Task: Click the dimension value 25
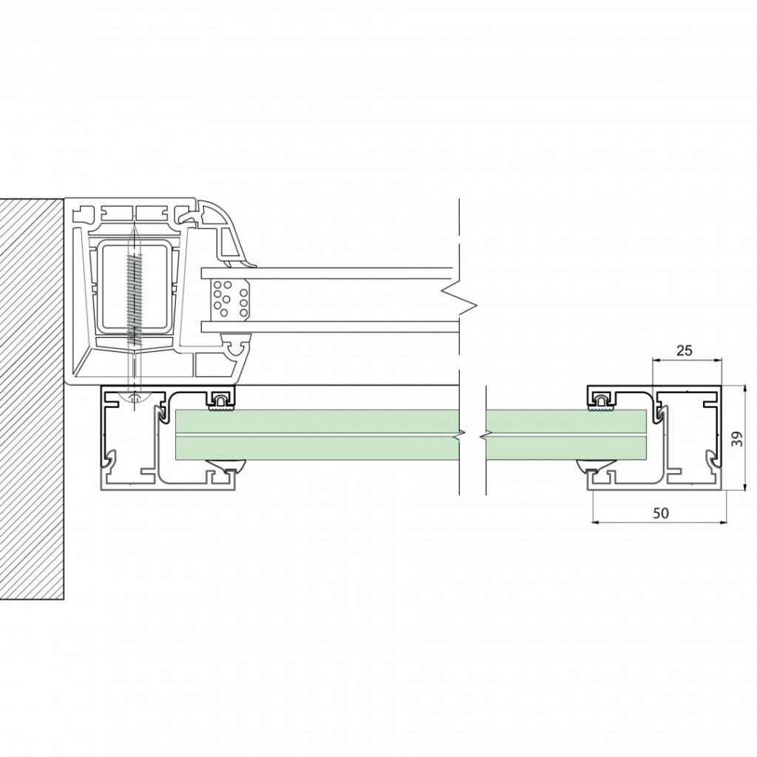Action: pos(684,350)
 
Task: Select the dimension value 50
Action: pos(661,513)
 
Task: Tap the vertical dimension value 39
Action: pos(737,438)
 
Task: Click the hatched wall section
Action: pos(32,398)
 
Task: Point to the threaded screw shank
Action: pos(135,299)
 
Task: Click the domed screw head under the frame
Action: pos(135,398)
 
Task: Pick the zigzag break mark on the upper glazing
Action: pos(458,299)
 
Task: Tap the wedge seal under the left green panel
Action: pos(227,465)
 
